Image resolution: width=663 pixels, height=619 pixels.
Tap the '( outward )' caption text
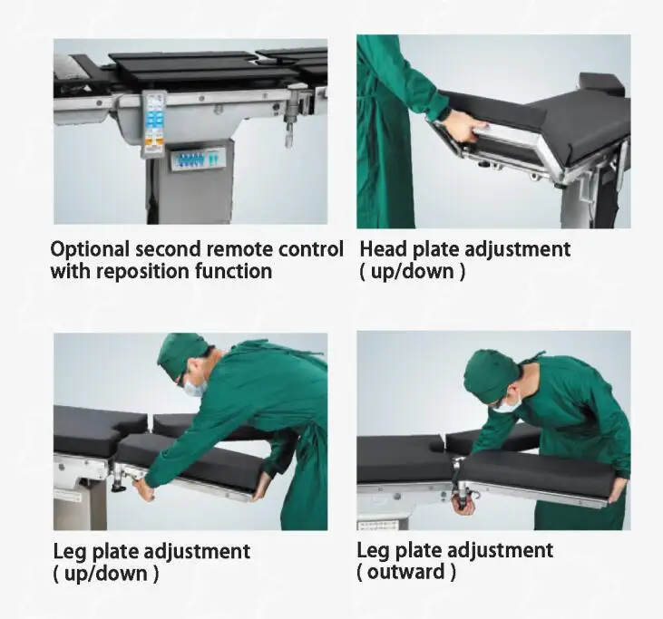pos(406,572)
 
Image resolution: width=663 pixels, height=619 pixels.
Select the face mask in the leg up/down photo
pos(194,387)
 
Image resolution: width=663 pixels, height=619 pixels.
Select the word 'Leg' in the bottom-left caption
pos(70,551)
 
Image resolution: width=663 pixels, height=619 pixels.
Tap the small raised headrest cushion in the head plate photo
pos(601,82)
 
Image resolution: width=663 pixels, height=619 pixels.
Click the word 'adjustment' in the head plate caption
pos(516,248)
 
